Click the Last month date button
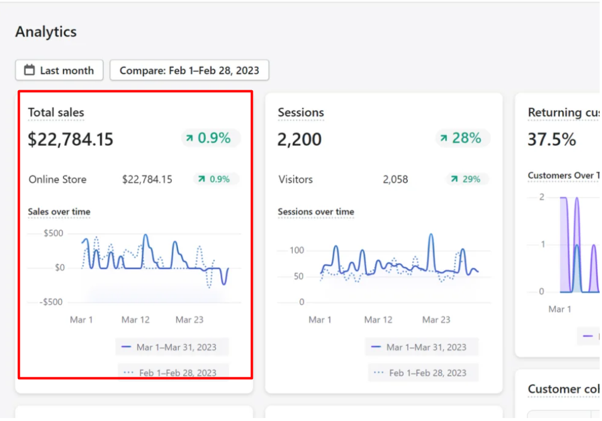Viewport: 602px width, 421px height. (x=59, y=70)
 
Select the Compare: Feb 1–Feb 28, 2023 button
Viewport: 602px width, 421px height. (x=189, y=70)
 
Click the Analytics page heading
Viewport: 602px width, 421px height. (x=46, y=32)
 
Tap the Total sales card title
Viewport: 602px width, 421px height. (x=56, y=112)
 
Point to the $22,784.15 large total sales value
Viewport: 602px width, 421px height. (x=70, y=139)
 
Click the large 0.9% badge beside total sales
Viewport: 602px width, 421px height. (x=211, y=138)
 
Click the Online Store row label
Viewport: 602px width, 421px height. (x=58, y=179)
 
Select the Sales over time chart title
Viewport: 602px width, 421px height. (x=59, y=212)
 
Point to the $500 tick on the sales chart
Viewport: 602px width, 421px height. (x=53, y=233)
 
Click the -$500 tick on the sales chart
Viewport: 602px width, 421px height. (x=51, y=302)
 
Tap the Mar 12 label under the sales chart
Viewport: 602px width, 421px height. (x=135, y=320)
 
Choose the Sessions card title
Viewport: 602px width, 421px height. (x=301, y=112)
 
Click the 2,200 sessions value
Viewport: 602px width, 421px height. (x=299, y=139)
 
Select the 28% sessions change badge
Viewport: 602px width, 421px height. (x=462, y=138)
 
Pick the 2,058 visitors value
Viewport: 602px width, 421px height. (x=395, y=179)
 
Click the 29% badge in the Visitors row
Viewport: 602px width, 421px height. (x=467, y=179)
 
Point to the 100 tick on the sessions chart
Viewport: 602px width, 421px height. (x=297, y=251)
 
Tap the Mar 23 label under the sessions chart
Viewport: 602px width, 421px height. (x=436, y=320)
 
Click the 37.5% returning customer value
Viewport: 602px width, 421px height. (x=552, y=139)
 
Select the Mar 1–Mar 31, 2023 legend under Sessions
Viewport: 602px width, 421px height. (x=421, y=347)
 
